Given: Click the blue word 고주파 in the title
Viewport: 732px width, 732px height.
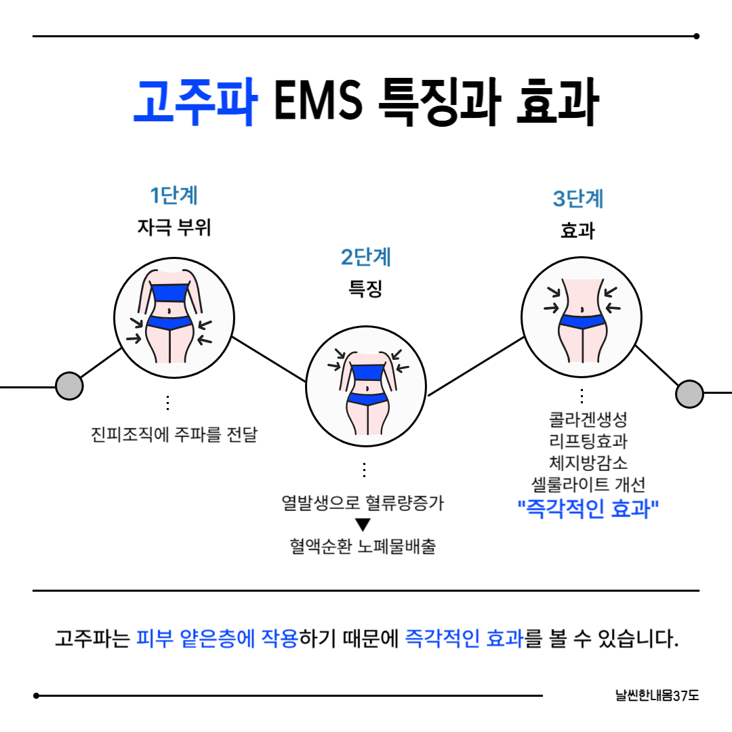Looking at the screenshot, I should [195, 102].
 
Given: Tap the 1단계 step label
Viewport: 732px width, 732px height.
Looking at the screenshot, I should [174, 196].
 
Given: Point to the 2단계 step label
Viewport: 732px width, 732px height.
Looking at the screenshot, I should [366, 258].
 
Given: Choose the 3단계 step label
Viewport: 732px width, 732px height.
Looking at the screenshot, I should [578, 199].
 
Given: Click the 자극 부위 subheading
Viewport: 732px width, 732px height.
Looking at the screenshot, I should [174, 228].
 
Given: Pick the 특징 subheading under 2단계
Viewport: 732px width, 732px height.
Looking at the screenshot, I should [366, 289].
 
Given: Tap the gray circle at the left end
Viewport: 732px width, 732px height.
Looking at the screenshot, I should [68, 386].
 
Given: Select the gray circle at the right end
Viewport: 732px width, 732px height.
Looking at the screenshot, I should [690, 393].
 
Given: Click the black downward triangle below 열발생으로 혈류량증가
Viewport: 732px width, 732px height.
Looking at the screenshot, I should [363, 525].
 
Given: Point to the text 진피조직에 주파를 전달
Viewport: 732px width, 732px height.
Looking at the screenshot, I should [174, 434].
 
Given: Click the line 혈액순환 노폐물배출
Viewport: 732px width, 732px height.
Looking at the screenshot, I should [363, 546].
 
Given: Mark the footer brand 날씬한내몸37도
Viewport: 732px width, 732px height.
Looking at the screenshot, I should [657, 695].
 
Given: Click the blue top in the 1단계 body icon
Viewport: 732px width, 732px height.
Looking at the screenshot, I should [169, 293].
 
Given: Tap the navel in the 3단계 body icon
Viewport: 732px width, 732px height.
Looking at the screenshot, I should [581, 310].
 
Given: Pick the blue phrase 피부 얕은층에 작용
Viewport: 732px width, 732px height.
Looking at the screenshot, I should [217, 638].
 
